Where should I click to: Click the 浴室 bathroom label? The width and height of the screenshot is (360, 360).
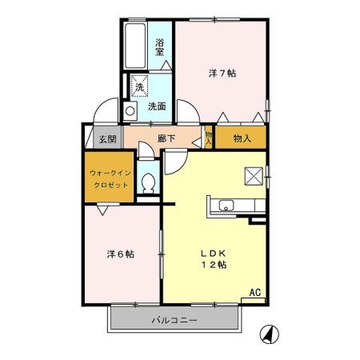[x=160, y=46]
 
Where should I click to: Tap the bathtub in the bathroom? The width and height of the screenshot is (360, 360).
[x=134, y=48]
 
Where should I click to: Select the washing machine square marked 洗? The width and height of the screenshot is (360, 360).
[x=138, y=86]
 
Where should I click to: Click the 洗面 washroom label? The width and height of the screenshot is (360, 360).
[x=156, y=107]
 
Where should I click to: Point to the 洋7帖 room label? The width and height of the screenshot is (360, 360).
[x=222, y=74]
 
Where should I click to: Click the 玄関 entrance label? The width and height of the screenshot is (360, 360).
[x=107, y=138]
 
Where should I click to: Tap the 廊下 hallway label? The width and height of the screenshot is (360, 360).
[x=166, y=138]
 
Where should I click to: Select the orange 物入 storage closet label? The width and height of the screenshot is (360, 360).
[x=242, y=138]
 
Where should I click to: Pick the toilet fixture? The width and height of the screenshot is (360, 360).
[x=147, y=183]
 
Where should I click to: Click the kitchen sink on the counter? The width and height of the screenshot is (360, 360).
[x=226, y=206]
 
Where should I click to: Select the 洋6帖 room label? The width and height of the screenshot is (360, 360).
[x=121, y=254]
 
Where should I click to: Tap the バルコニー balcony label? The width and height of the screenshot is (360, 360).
[x=174, y=321]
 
